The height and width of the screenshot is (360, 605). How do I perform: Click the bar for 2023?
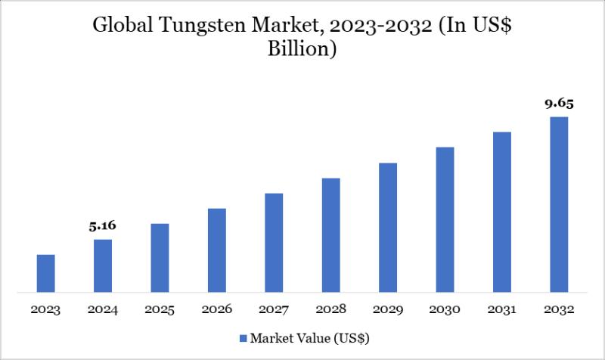(46, 273)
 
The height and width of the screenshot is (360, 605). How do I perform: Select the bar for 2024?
(103, 265)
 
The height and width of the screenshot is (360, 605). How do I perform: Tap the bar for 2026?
(217, 250)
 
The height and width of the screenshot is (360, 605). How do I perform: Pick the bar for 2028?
(330, 234)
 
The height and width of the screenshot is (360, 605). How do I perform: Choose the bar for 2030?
(445, 219)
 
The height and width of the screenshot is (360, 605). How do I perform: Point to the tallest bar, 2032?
(559, 204)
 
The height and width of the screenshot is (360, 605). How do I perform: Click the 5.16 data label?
(103, 225)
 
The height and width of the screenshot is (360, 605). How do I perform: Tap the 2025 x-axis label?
(160, 310)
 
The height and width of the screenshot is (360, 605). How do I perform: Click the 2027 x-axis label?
(274, 310)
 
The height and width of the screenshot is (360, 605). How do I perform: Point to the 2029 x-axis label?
(388, 310)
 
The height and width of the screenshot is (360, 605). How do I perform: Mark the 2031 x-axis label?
(501, 310)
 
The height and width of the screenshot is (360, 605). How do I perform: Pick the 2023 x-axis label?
(46, 310)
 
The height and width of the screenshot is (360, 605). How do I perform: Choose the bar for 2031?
(502, 212)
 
